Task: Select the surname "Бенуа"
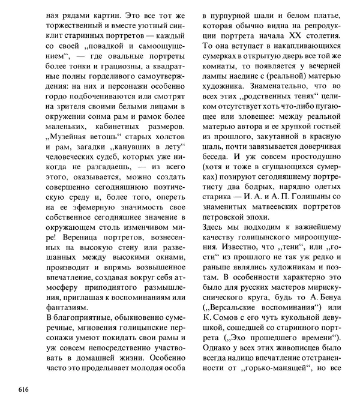point(329,306)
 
